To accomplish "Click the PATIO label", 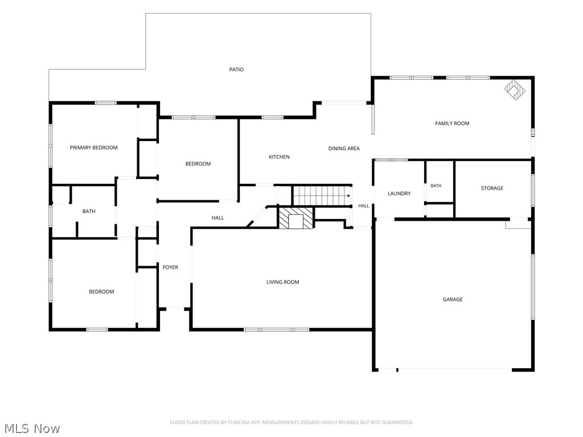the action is pos(236,69).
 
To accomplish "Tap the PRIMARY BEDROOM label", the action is pos(94,147).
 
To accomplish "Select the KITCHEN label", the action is pos(279,157).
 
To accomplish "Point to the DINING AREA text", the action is pos(344,149).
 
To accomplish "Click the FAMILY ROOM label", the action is pos(452,123).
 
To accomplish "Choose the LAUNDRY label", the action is pos(399,193).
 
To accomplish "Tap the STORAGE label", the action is pos(492,188).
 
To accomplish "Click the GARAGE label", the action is pos(453,299).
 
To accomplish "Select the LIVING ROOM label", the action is pos(282,282).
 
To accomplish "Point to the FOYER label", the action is pos(170,267).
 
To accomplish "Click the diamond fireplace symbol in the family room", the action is pos(515,89).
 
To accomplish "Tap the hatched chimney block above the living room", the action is pos(296,218).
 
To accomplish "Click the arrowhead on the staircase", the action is pos(348,196).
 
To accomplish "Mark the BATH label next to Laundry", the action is pos(436,185).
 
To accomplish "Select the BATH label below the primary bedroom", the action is pos(89,211).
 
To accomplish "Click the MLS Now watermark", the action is pos(32,428).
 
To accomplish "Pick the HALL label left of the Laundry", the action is pos(364,205).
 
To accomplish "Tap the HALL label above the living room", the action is pos(218,218).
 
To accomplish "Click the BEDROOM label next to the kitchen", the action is pos(198,163).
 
